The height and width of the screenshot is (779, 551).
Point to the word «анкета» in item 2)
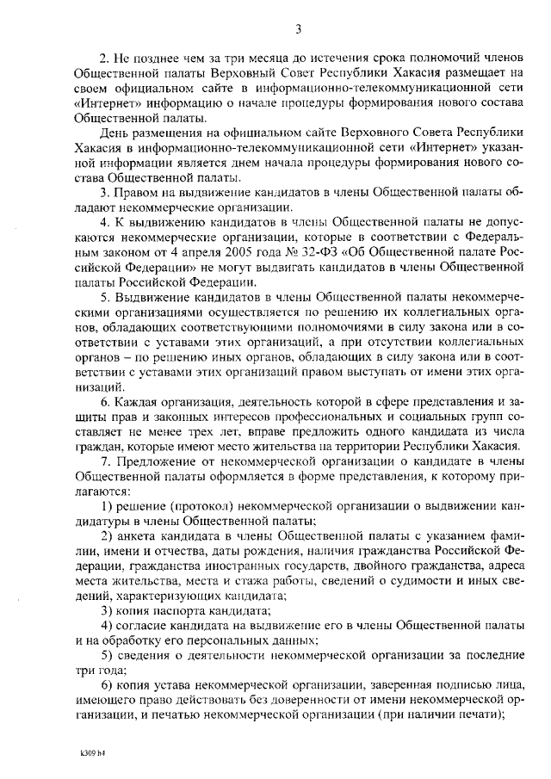[x=134, y=535]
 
